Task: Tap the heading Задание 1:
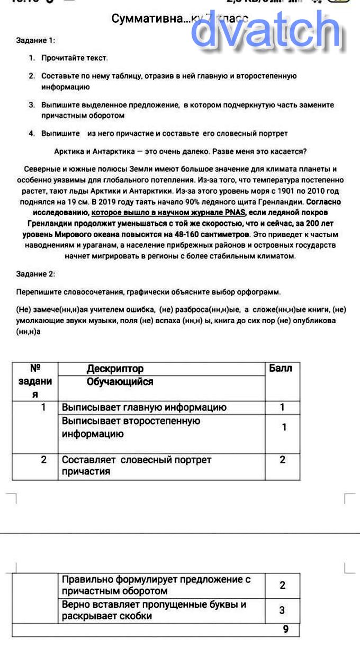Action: point(35,40)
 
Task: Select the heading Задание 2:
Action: point(35,274)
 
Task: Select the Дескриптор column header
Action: point(115,369)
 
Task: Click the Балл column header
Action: point(281,368)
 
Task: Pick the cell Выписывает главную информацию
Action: point(144,407)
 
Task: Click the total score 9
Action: point(286,630)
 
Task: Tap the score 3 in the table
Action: point(282,610)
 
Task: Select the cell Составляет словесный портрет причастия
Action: point(137,466)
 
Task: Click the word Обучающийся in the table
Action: point(120,382)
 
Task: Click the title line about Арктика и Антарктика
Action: point(180,151)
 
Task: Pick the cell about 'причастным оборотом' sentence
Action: point(156,585)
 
